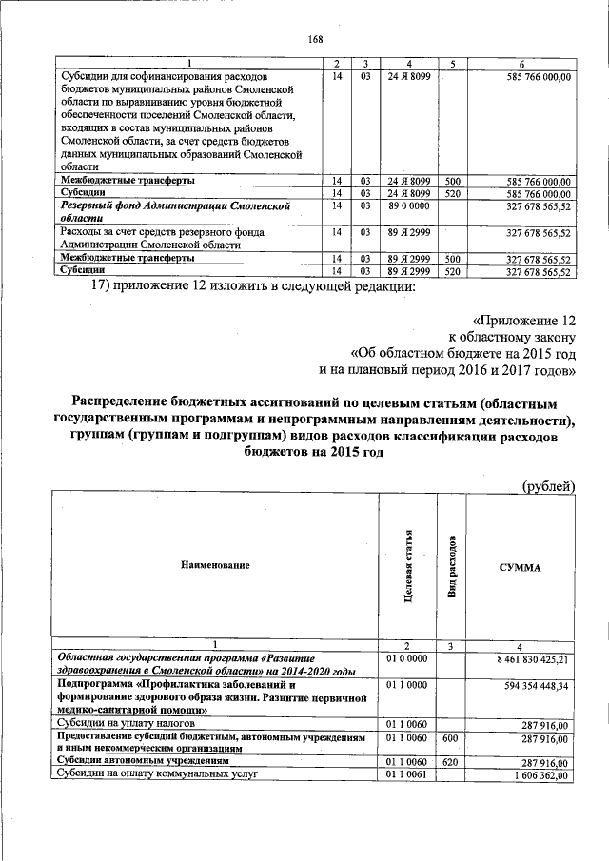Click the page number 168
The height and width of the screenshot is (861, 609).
[316, 39]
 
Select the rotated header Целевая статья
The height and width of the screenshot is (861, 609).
[407, 567]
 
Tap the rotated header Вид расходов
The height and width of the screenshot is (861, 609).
[453, 567]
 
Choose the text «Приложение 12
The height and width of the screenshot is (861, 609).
[524, 321]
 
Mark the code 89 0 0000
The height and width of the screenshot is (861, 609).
[407, 205]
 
